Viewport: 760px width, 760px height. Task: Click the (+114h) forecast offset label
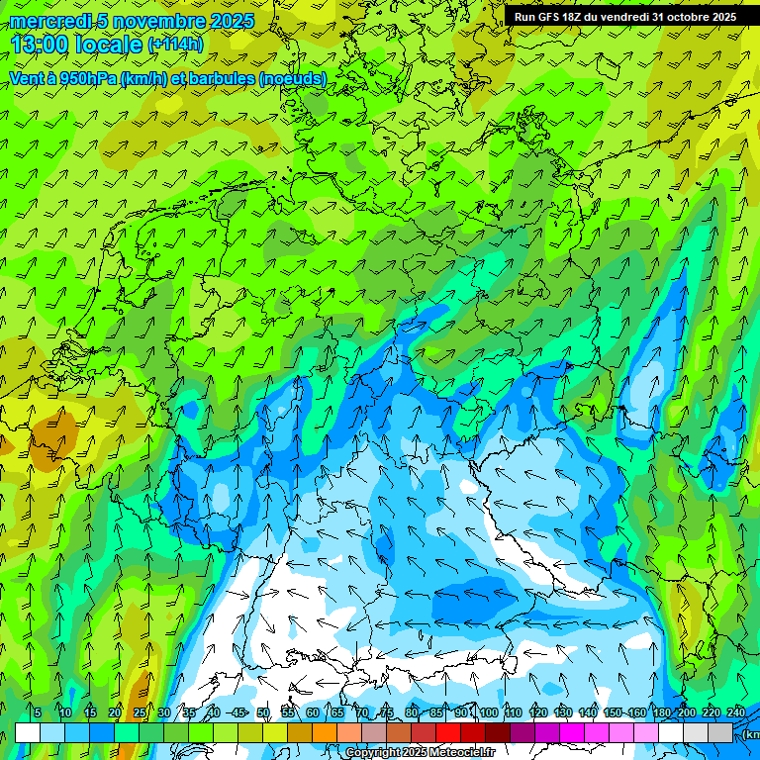coord(175,45)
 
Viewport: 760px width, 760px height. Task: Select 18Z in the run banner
coord(581,17)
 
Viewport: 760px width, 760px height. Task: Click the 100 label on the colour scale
coord(489,713)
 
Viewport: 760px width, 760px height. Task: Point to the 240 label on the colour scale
coord(736,713)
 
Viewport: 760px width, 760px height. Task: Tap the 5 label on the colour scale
coord(38,713)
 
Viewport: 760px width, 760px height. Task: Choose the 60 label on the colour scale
coord(313,713)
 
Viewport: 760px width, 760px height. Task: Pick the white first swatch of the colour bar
coord(28,732)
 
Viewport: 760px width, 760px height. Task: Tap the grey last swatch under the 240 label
coord(720,732)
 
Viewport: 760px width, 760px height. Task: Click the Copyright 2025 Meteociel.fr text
coord(420,753)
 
